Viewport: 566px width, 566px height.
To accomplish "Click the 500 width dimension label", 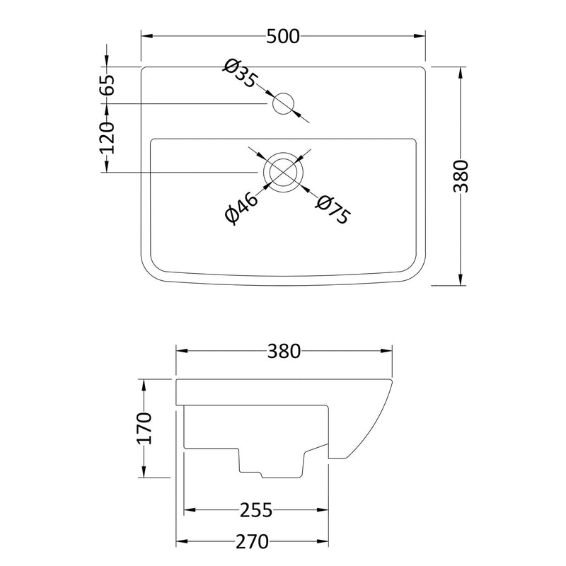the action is point(283,36).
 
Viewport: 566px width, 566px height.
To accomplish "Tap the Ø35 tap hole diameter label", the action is point(241,74).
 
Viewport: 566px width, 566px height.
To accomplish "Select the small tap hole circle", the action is point(284,103).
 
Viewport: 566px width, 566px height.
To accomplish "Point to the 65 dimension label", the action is point(108,85).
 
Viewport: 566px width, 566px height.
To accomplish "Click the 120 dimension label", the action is point(108,138).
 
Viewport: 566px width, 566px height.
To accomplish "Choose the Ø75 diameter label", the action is point(333,209).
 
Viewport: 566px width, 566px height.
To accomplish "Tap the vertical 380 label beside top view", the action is point(461,176).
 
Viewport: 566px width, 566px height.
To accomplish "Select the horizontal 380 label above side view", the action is point(284,351).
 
